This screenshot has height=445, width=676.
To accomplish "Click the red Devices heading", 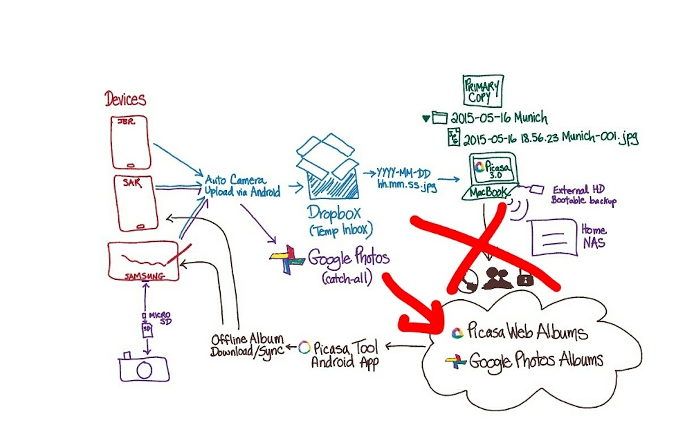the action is [125, 100].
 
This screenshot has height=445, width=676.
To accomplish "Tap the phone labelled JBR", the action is [131, 142].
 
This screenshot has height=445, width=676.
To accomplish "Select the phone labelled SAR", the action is [136, 202].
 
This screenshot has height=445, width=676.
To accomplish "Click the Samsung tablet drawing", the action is [143, 262].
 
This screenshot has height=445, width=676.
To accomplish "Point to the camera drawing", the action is [143, 368].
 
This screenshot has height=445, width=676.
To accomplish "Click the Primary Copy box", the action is [482, 90].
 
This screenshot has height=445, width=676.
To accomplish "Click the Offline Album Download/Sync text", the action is [248, 345].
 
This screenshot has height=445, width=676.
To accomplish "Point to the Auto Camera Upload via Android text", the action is [242, 186].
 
